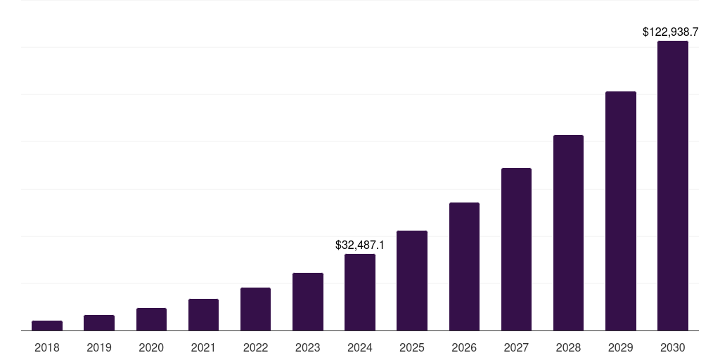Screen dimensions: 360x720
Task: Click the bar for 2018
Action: (x=47, y=326)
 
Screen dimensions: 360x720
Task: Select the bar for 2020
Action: (x=151, y=319)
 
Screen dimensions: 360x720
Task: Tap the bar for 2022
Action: (x=255, y=309)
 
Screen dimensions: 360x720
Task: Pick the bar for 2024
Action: (x=360, y=292)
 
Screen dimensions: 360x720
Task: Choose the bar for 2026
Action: (x=464, y=266)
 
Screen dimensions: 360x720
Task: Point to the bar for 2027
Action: (x=516, y=249)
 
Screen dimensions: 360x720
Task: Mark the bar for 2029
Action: (x=621, y=211)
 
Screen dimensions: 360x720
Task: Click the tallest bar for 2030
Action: (x=673, y=186)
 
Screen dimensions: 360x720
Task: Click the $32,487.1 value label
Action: (x=360, y=245)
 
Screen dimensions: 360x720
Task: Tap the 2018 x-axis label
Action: (x=47, y=347)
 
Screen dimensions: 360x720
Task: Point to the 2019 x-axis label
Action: (x=99, y=347)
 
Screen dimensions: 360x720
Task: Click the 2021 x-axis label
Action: (x=203, y=347)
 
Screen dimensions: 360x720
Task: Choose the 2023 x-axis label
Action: (x=308, y=347)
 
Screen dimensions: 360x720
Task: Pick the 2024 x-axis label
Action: (x=360, y=347)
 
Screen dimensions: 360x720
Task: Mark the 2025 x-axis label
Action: (x=412, y=347)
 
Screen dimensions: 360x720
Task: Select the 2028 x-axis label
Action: (x=568, y=347)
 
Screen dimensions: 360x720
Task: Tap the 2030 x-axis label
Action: (x=673, y=347)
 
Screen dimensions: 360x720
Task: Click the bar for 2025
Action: (x=412, y=281)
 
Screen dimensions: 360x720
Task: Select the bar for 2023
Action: (x=308, y=302)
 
